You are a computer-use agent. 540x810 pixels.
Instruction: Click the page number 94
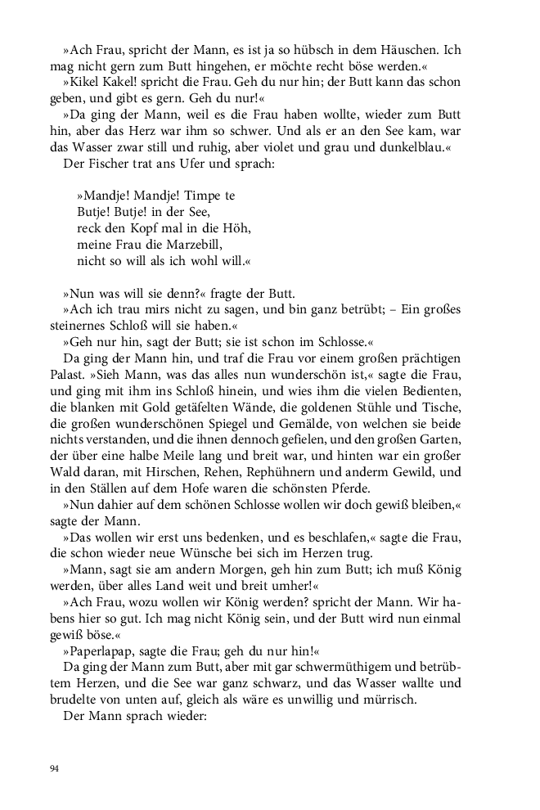54,768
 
